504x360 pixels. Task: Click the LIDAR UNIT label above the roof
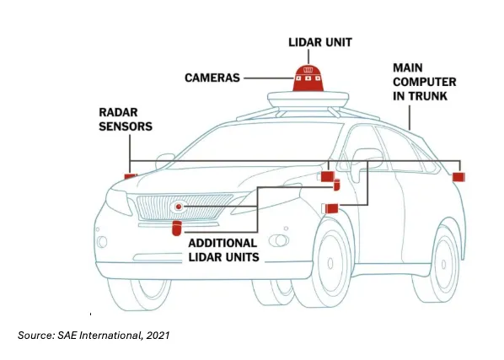point(320,42)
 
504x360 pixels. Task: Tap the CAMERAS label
point(212,78)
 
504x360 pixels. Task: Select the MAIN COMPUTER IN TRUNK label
point(424,82)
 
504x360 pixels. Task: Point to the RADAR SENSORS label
point(126,119)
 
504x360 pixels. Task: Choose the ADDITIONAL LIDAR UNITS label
point(223,250)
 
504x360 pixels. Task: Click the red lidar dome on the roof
point(308,78)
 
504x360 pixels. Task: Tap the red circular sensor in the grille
point(179,207)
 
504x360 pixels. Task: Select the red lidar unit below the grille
point(177,228)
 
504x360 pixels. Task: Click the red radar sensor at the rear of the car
point(458,177)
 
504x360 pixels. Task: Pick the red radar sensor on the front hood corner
point(131,176)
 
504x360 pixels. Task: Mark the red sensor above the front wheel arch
point(332,208)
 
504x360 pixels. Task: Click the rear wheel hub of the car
point(443,265)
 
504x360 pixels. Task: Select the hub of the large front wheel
point(330,263)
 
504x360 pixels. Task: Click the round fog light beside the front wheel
point(279,240)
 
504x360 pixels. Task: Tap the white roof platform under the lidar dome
point(308,99)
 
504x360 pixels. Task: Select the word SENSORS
point(126,126)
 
